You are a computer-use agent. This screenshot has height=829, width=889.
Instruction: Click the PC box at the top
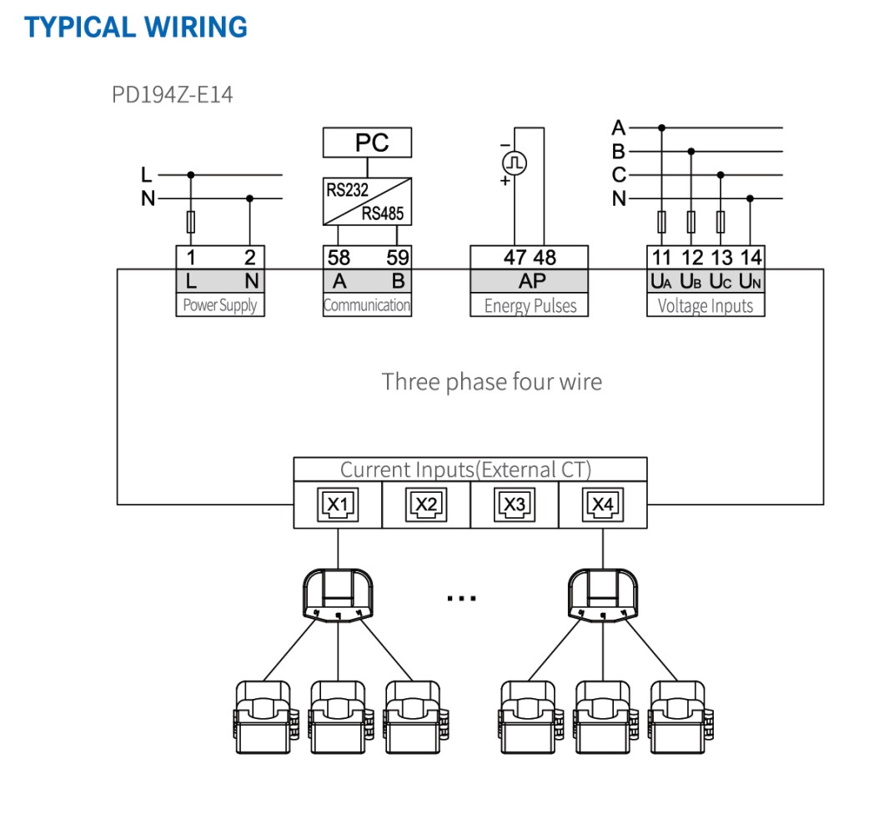pos(367,143)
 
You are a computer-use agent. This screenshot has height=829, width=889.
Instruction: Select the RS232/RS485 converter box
pos(367,201)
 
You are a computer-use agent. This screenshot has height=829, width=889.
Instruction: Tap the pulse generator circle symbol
pos(515,163)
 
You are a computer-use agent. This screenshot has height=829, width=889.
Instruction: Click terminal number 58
pos(339,258)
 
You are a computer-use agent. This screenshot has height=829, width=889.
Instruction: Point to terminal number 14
pos(751,258)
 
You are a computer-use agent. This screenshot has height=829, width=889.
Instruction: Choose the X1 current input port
pos(338,504)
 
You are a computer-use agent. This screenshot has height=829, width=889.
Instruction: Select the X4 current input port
pos(603,504)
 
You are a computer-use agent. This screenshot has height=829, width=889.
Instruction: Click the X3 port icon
pos(515,504)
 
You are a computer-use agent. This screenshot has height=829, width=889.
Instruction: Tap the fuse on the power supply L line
pos(191,222)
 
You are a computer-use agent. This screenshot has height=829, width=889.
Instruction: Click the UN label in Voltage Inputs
pos(750,281)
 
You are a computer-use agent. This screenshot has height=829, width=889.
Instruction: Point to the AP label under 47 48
pos(532,281)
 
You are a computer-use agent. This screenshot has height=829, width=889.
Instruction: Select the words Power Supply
pos(220,305)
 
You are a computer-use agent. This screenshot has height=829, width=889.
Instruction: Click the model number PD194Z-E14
pos(173,95)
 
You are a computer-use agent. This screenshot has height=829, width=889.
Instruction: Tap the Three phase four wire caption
pos(491,382)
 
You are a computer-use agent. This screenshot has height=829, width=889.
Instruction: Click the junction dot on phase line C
pos(721,174)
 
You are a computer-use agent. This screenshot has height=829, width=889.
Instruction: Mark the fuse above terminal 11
pos(661,222)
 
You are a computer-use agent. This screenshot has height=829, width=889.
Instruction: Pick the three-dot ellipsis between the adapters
pos(461,598)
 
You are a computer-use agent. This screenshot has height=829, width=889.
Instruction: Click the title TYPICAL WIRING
pos(135,28)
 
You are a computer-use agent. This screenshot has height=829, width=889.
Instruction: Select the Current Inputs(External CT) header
pos(465,470)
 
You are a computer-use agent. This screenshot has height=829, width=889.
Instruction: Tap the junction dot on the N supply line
pos(249,198)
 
